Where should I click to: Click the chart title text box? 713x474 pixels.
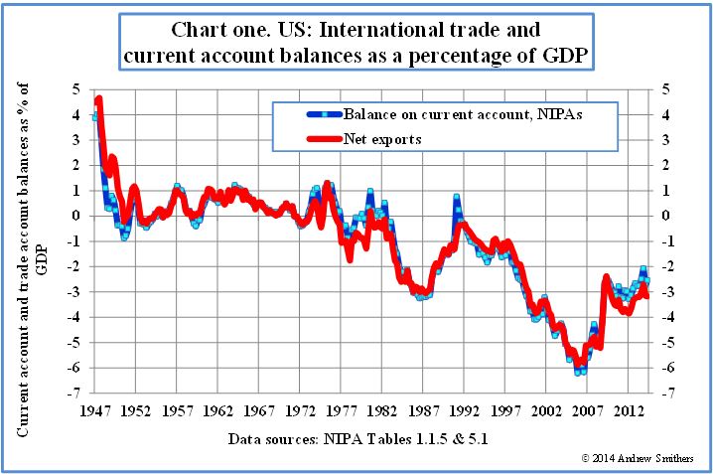[357, 42]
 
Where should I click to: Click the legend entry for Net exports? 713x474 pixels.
[381, 139]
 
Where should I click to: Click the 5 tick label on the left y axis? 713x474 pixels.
[75, 89]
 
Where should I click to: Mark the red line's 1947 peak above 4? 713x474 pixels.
[98, 100]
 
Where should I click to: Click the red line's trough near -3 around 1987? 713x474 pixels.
[424, 292]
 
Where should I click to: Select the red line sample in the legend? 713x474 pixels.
[308, 139]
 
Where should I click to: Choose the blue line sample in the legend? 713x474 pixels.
[308, 115]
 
